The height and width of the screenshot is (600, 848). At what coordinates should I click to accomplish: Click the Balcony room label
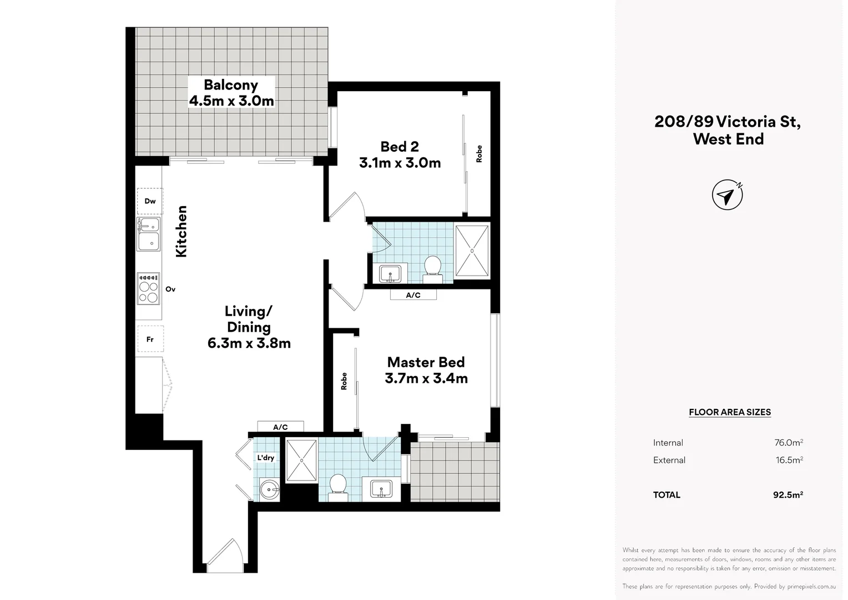tap(231, 85)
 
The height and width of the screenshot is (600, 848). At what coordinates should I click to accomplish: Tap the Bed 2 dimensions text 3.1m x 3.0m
tap(400, 163)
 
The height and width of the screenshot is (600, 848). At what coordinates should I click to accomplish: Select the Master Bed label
tap(426, 362)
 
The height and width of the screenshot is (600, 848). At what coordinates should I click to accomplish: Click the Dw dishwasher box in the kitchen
tap(150, 201)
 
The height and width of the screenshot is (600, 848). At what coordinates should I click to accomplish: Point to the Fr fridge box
tap(150, 339)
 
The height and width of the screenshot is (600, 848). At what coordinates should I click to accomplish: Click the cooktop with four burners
tap(149, 289)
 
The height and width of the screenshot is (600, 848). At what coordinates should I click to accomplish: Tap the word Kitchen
tap(181, 231)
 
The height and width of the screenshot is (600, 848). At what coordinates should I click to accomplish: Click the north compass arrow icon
tap(727, 195)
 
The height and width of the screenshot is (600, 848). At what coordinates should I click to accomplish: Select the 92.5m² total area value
tap(788, 494)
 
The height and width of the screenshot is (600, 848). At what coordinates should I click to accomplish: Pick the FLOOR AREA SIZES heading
tap(729, 412)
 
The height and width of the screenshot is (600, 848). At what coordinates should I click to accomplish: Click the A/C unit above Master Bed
tap(413, 295)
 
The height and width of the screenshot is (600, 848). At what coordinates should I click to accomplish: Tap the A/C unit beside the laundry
tap(280, 427)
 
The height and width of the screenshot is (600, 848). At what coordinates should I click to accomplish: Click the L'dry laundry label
tap(265, 458)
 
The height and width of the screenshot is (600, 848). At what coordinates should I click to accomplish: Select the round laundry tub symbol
tap(269, 489)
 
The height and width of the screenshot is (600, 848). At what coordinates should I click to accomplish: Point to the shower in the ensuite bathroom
tap(301, 460)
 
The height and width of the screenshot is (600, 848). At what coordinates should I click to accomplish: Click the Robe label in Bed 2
tap(479, 153)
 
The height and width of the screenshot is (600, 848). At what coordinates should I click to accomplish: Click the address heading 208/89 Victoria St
tap(728, 121)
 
